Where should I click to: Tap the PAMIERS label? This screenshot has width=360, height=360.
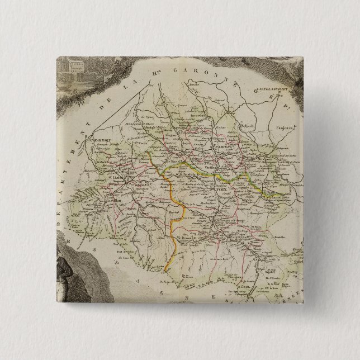click(x=222, y=148)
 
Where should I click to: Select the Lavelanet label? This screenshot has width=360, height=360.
click(x=273, y=197)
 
